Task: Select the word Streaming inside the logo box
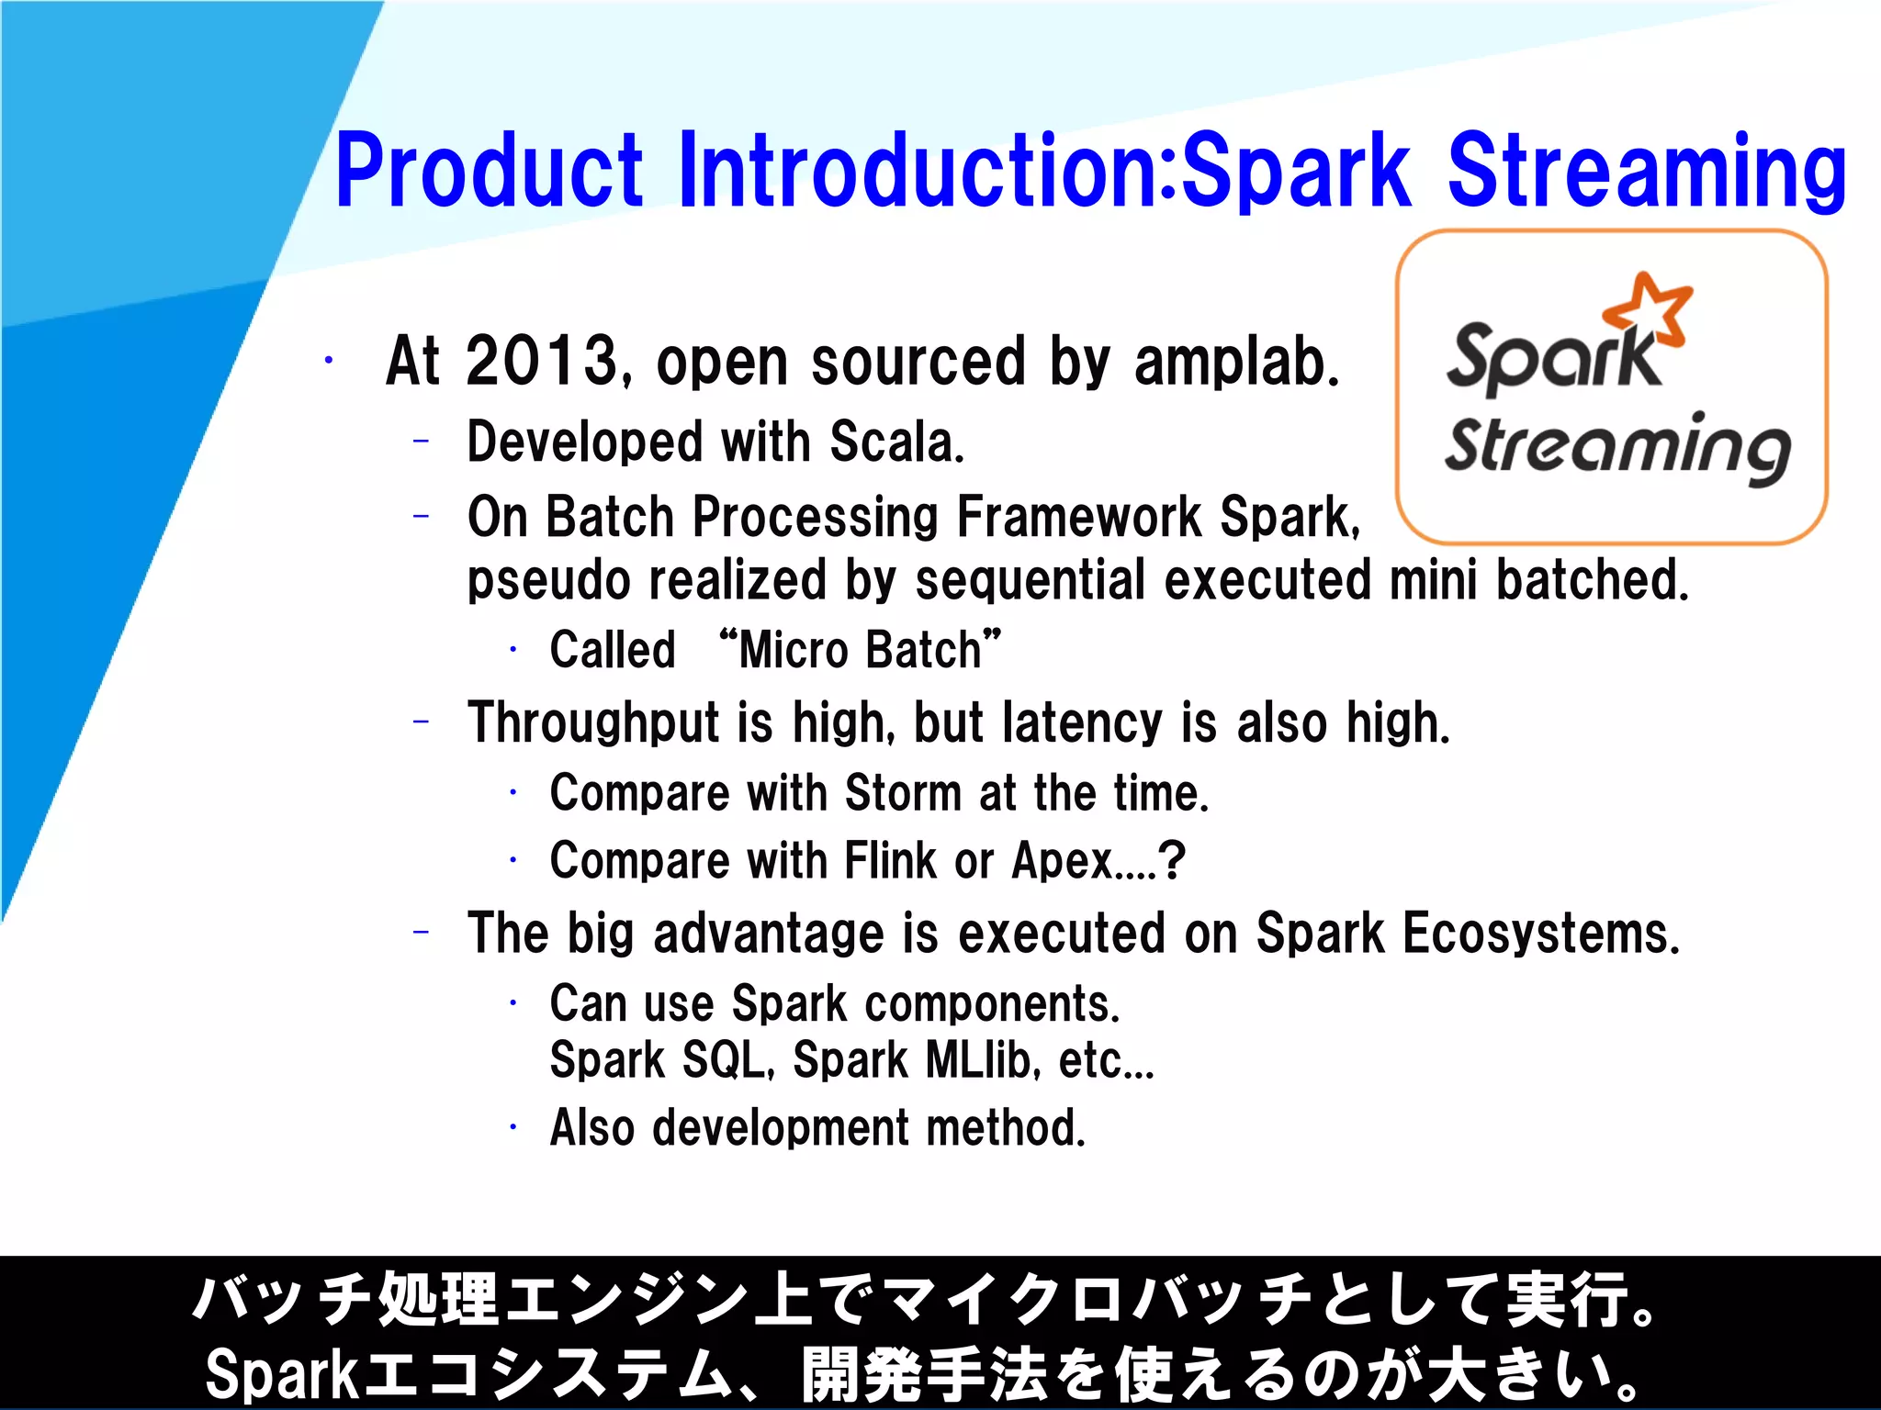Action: (1616, 448)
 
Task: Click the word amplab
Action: (1236, 362)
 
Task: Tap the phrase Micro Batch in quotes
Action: (860, 650)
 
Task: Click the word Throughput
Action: (592, 723)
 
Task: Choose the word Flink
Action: (889, 861)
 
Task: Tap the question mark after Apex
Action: (1173, 861)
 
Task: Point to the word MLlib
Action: (981, 1061)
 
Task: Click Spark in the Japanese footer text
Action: (280, 1374)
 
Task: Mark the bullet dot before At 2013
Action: (328, 361)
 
